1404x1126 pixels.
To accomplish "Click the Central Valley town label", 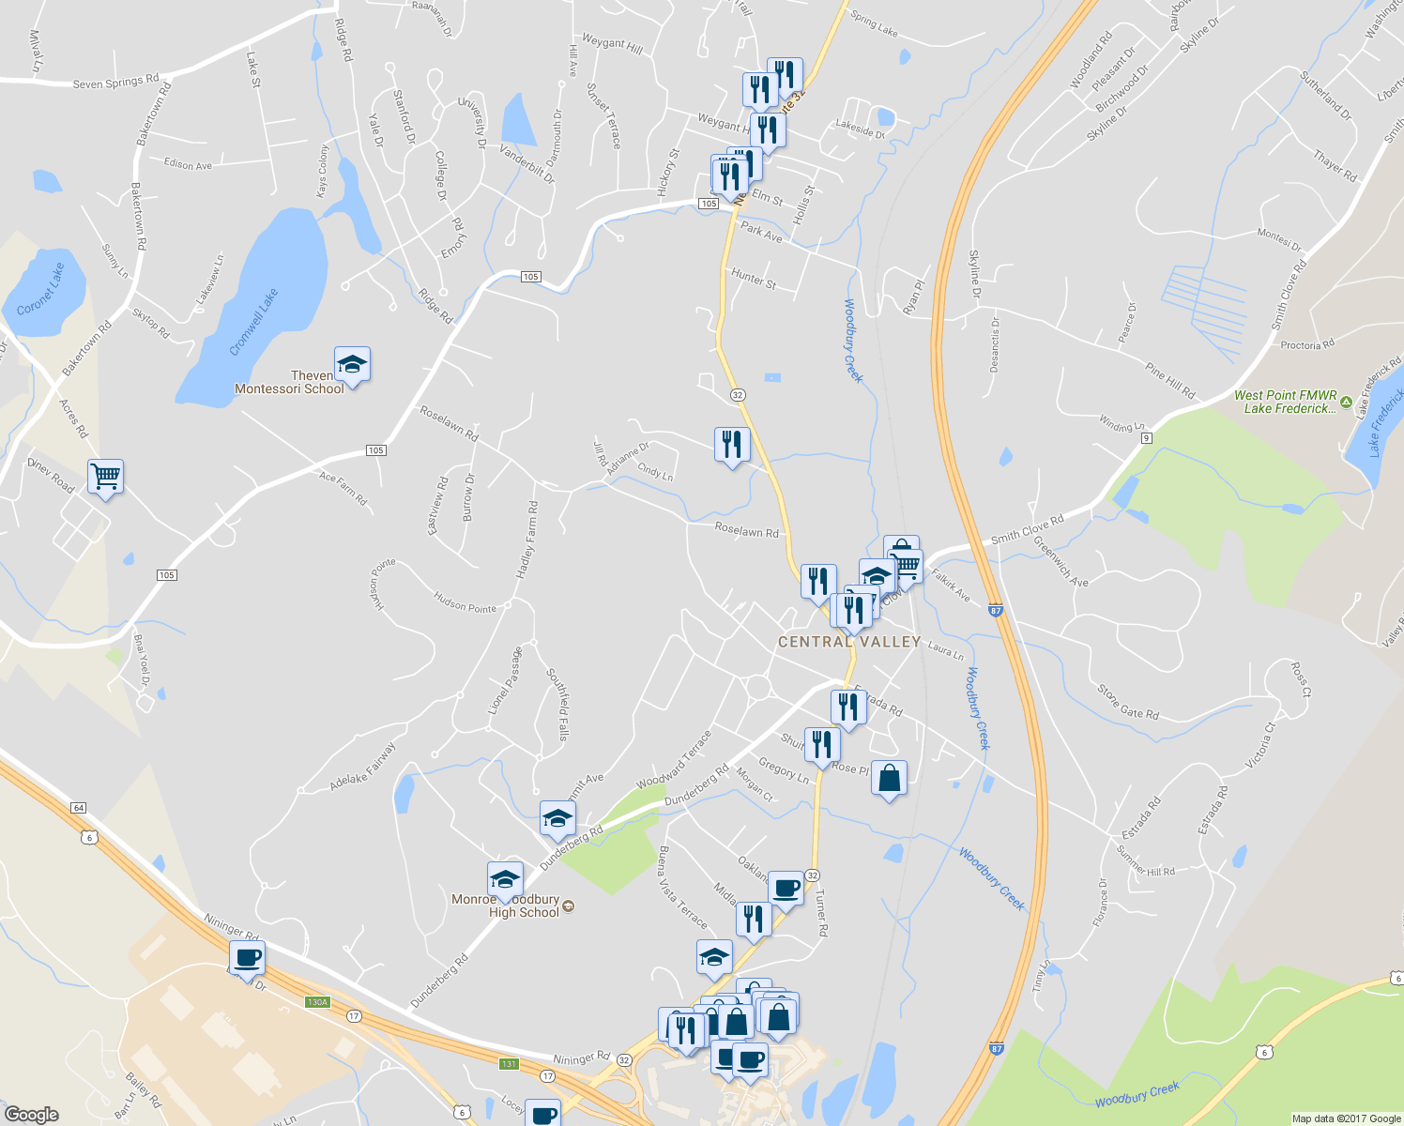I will tap(848, 642).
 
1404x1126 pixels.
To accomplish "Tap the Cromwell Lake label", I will tap(253, 322).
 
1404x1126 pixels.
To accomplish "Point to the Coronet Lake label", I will tap(41, 288).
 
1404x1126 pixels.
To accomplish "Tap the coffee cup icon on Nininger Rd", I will tap(247, 959).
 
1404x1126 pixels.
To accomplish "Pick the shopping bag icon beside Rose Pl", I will tap(889, 779).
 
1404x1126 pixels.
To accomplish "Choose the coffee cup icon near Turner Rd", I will tap(786, 888).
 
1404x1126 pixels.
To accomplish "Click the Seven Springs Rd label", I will tap(115, 83).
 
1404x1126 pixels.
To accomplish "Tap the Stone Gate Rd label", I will tap(1128, 702).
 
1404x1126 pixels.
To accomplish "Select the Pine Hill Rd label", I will tap(1170, 379).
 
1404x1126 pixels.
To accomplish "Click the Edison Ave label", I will tap(188, 164).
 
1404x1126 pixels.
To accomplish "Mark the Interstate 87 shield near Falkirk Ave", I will tap(996, 611).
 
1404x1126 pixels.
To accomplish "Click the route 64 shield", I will tap(78, 808).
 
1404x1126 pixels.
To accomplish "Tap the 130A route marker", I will tap(318, 1002).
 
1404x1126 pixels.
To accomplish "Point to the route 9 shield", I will tap(1147, 438).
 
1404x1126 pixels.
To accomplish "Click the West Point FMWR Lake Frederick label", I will tap(1286, 402).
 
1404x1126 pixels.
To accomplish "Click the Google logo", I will tap(31, 1114).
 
